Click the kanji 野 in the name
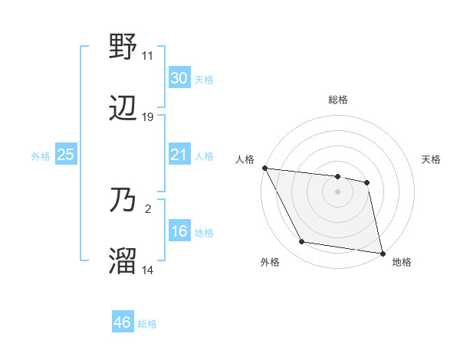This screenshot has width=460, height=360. click(123, 48)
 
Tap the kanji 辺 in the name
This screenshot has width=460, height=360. click(123, 110)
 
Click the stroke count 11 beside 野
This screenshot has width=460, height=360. click(148, 56)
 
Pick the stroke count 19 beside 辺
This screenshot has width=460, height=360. click(148, 117)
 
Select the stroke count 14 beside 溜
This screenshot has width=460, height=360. click(148, 270)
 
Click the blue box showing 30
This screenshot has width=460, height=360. click(179, 78)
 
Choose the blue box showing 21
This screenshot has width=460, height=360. click(179, 155)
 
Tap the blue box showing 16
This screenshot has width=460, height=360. click(179, 231)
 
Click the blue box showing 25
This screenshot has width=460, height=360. click(66, 155)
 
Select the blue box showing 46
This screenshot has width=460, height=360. click(123, 322)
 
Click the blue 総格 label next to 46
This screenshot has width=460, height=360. click(148, 324)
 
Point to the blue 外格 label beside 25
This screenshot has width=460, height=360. click(41, 155)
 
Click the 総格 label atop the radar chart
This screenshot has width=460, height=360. click(338, 100)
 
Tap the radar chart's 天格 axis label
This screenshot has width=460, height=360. click(432, 159)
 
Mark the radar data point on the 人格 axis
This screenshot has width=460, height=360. click(264, 168)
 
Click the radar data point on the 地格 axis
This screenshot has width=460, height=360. click(383, 253)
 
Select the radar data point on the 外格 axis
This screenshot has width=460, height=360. click(302, 242)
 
